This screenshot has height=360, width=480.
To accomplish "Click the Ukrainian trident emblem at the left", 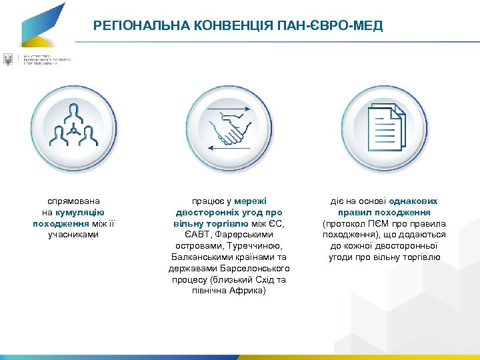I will [x=8, y=60].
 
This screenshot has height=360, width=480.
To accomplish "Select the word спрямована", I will [x=73, y=201].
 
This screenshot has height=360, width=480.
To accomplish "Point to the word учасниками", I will [x=73, y=235].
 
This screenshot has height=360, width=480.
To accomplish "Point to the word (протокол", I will [x=344, y=223].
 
